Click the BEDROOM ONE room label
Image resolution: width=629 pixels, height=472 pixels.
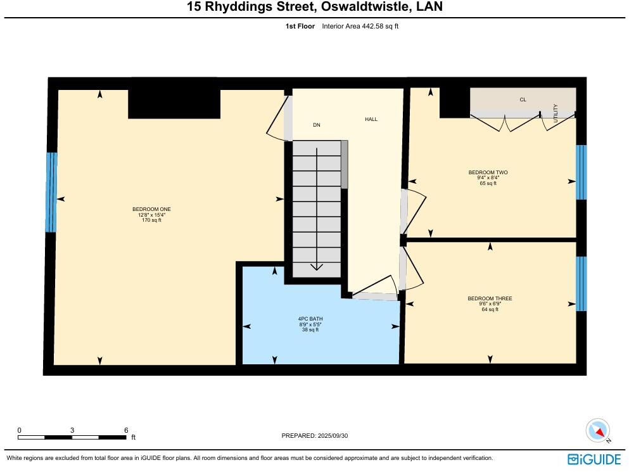[x=151, y=210]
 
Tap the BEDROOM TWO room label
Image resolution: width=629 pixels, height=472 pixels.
[x=488, y=172]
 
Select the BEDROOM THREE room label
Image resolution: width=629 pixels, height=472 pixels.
[x=490, y=298]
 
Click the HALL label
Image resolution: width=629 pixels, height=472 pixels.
[x=371, y=119]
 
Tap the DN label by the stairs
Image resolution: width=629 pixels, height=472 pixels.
[x=317, y=125]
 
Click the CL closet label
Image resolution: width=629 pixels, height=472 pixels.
[x=523, y=99]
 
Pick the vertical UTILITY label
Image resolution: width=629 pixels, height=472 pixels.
[x=556, y=113]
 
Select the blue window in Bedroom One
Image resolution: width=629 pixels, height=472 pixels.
[x=51, y=192]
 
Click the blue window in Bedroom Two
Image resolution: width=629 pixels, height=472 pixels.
[x=581, y=172]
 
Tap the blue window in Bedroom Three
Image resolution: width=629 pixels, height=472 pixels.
[x=581, y=283]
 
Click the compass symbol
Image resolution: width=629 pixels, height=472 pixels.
[x=597, y=431]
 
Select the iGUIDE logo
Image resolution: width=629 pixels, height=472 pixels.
[x=594, y=459]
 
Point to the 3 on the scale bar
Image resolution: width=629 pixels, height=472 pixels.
[x=72, y=430]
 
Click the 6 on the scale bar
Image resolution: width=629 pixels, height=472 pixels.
[x=126, y=430]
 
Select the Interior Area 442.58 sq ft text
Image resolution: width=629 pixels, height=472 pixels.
[x=360, y=26]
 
